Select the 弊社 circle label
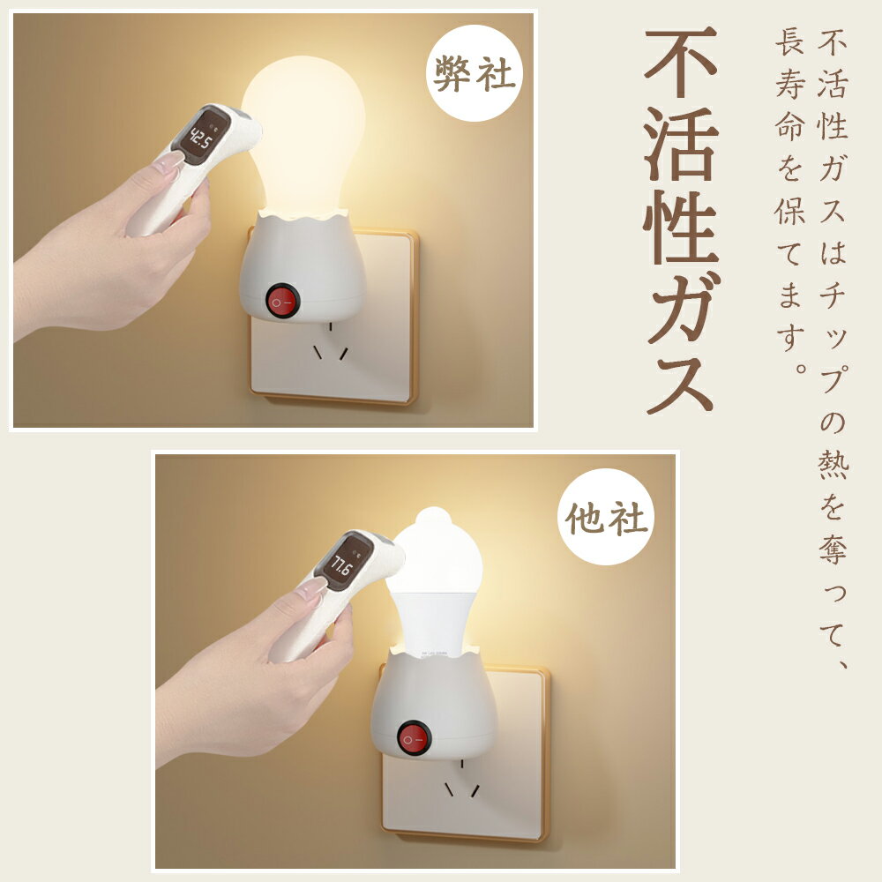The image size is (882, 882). click(x=475, y=73)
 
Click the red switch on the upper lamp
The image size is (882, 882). click(x=280, y=303)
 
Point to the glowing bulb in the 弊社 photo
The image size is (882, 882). click(x=304, y=135)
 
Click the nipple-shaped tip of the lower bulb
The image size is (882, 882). click(x=432, y=516)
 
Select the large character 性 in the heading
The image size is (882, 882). click(x=681, y=227)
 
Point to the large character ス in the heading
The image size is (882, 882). click(x=681, y=384)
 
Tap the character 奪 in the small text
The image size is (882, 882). click(x=833, y=547)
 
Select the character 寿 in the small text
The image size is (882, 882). click(x=789, y=83)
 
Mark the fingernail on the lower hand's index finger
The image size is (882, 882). click(x=311, y=587)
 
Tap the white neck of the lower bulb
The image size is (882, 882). click(x=434, y=619)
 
